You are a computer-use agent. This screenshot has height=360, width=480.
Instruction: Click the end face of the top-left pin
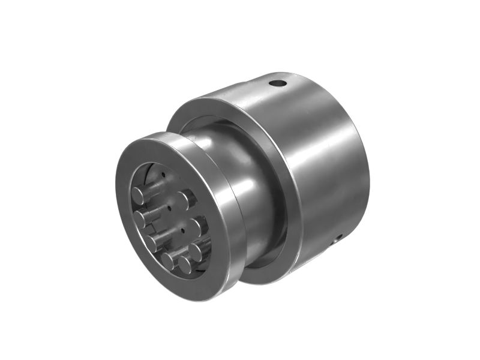tap(139, 194)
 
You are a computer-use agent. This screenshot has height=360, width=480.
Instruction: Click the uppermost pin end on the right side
tap(185, 199)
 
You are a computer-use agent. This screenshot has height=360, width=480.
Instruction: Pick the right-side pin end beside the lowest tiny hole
tap(194, 227)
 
